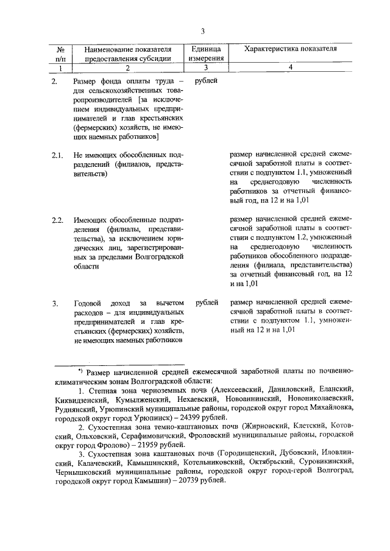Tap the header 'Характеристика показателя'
[x=291, y=49]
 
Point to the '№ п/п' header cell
[x=60, y=54]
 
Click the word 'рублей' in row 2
[x=206, y=80]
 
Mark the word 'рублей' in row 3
[x=206, y=303]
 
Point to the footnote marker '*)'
[x=80, y=370]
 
